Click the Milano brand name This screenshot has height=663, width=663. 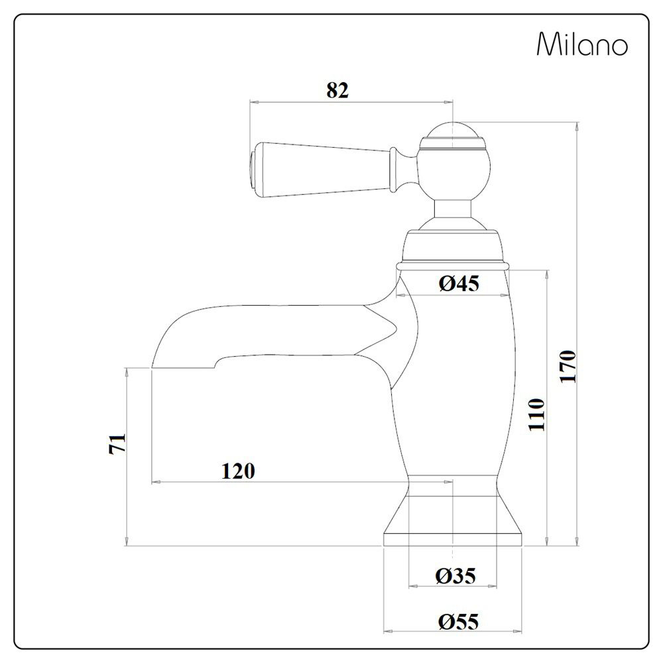581,45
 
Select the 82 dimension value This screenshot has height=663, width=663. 337,91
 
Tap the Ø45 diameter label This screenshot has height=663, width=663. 458,284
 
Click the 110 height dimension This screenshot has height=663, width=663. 536,415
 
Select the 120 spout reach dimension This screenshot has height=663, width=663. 237,471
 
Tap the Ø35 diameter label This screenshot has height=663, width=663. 455,575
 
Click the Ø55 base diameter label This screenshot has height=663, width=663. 457,622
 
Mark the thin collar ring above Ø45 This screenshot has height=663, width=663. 453,265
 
